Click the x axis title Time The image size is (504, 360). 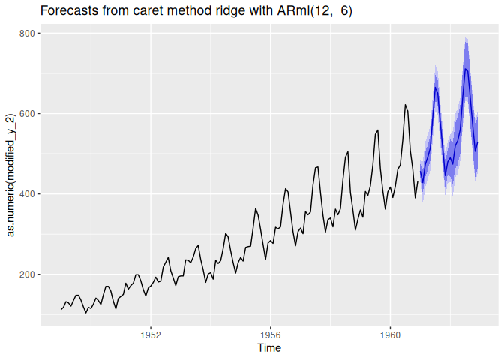coord(270,348)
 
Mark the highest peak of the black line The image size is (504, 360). coord(405,105)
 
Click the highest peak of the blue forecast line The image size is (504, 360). coord(466,69)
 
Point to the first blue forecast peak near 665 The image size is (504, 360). coord(435,87)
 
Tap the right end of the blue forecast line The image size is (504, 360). coord(477,142)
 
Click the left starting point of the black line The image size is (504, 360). coord(61,310)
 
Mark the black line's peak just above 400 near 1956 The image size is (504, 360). coord(286,188)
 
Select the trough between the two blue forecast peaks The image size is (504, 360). coord(445,175)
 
